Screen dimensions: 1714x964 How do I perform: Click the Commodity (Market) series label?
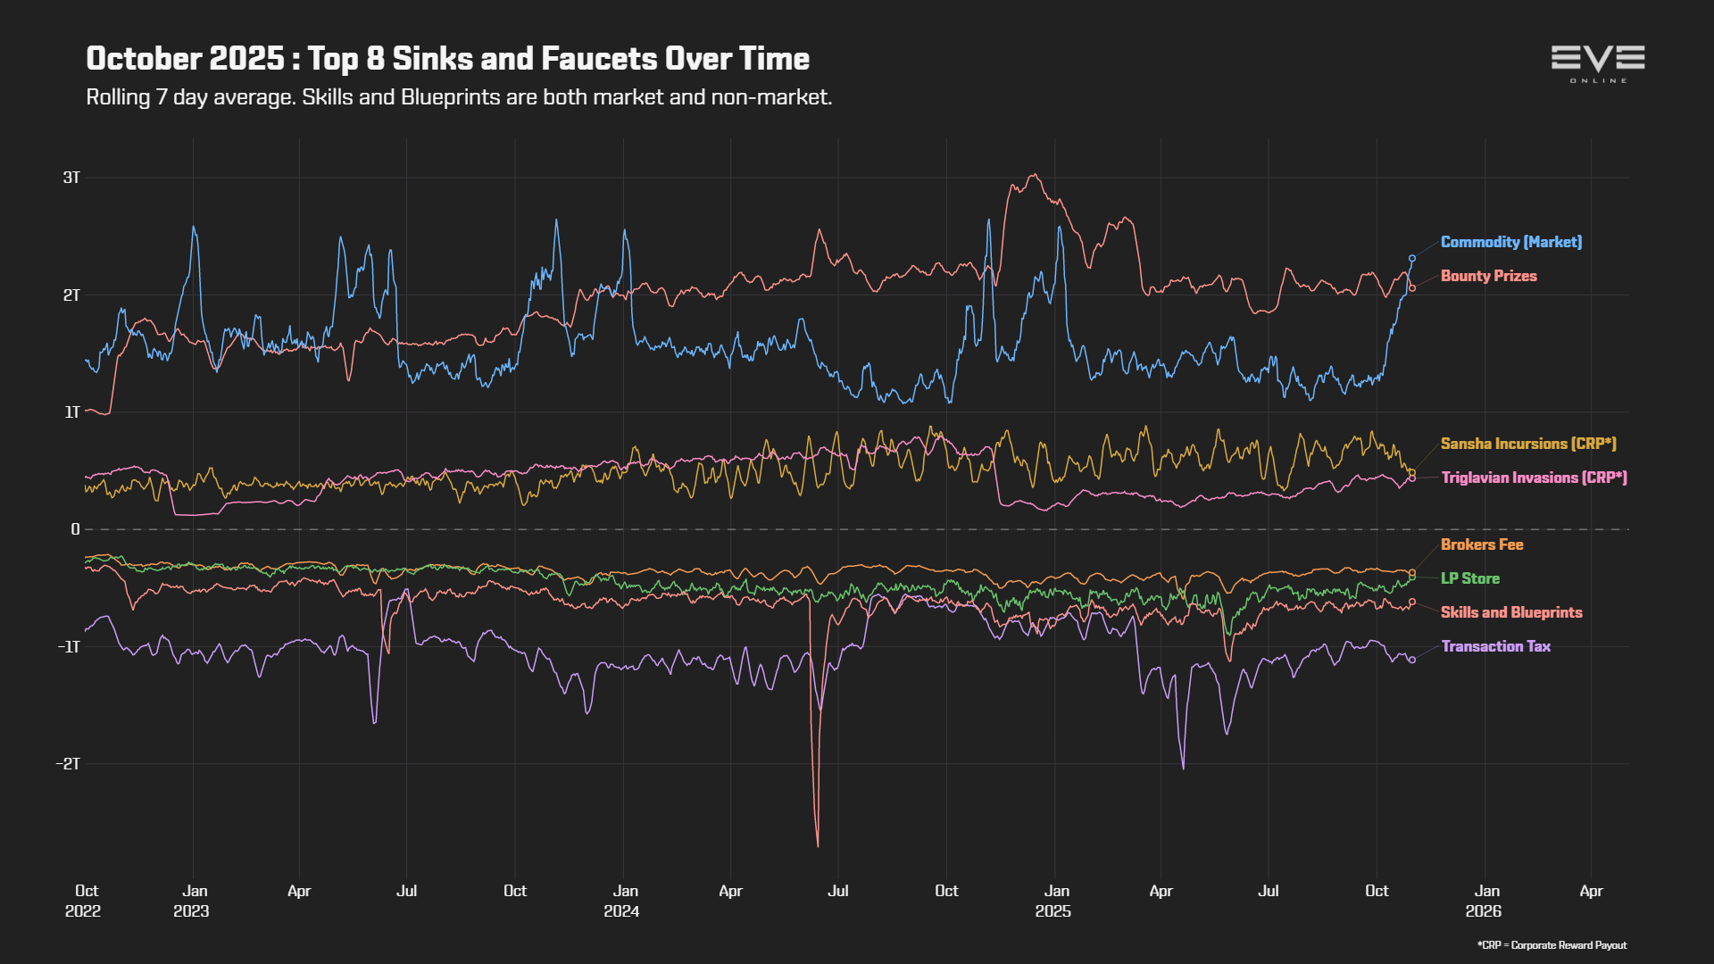[1511, 242]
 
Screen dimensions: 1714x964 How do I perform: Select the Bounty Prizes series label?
[1489, 276]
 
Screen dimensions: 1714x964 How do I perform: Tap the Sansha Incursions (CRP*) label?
[1528, 444]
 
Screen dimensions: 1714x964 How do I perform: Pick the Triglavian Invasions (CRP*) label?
[1535, 478]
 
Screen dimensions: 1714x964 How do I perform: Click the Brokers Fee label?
[1482, 544]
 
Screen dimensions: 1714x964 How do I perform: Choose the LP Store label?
[1470, 578]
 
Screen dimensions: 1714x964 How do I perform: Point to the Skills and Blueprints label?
[1511, 612]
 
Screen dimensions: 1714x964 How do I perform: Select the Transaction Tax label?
[1496, 646]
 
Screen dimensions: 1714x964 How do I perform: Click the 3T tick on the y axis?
[71, 178]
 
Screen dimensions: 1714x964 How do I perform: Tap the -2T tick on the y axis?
[68, 763]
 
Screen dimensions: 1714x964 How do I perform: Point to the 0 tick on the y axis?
[76, 529]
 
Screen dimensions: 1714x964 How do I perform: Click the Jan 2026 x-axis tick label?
[1484, 901]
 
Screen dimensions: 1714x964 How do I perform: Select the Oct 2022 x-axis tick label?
[84, 901]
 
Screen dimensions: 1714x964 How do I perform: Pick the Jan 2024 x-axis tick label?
[622, 901]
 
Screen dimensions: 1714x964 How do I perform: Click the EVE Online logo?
[1598, 63]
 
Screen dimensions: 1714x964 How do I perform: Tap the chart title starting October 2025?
[447, 58]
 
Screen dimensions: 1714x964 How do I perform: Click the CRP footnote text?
[1552, 945]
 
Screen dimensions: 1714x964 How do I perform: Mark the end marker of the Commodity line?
[1412, 258]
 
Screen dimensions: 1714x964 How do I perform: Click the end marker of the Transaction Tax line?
[1412, 660]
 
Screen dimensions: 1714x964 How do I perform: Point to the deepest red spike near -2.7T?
[818, 844]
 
